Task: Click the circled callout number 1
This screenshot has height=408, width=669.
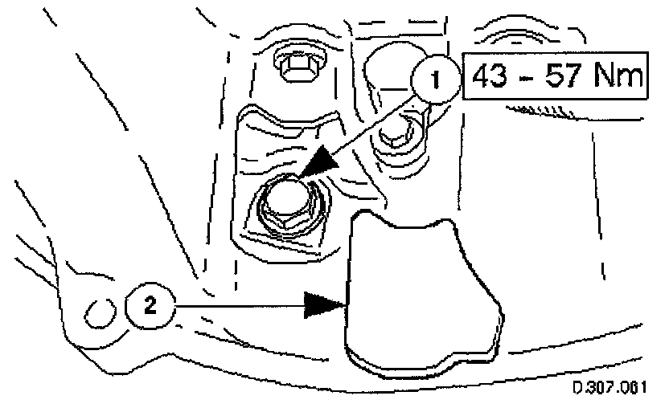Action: (x=435, y=81)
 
